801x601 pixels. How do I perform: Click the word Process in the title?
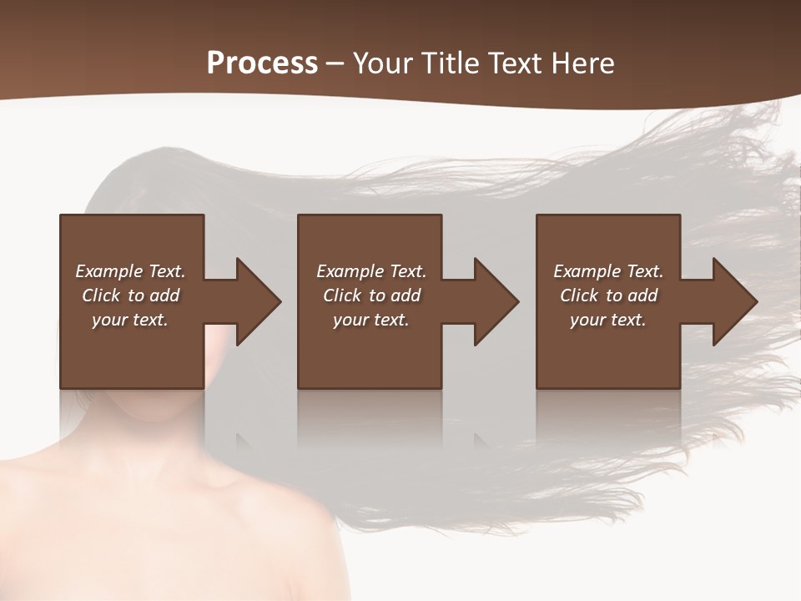coord(262,63)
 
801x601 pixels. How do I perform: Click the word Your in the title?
coord(385,63)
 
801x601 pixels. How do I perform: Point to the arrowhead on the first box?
coord(254,301)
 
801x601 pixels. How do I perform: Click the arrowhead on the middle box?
coord(493,301)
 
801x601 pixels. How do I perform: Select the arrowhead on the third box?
coord(732,301)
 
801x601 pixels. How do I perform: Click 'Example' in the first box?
coord(108,271)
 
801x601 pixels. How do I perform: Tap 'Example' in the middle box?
coord(350,271)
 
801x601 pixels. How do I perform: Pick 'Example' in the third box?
coord(587,271)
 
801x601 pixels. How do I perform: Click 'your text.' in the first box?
coord(130,320)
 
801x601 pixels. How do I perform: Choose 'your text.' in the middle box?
coord(370,320)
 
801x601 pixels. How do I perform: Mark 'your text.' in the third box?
coord(607,320)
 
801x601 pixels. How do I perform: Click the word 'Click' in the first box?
coord(101,295)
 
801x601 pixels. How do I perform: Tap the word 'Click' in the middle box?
coord(342,295)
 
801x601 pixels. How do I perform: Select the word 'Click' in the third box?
coord(579,295)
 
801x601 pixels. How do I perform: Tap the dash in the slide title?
coord(335,63)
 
